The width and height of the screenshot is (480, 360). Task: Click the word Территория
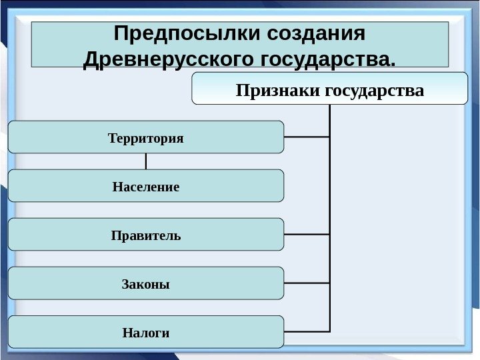145,138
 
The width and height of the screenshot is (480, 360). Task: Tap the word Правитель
145,236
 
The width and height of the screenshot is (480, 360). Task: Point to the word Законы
145,285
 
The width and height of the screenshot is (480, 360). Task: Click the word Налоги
145,332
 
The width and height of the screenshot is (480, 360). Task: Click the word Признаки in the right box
278,89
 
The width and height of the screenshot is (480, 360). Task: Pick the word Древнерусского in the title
166,61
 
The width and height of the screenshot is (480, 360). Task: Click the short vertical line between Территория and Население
145,161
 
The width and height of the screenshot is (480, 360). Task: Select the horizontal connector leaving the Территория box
307,137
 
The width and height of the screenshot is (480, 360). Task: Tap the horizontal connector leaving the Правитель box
307,235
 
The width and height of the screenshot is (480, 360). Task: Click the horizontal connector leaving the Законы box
307,283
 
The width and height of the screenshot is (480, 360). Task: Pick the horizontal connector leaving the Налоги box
307,331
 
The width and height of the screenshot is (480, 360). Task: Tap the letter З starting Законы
125,285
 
